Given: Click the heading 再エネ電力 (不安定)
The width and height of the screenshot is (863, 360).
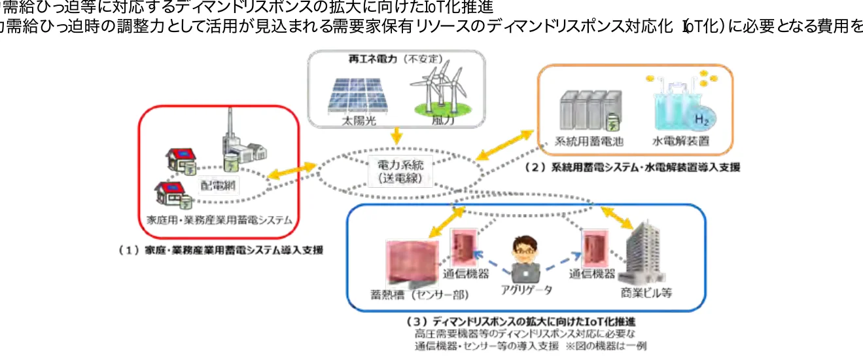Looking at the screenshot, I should pos(392,59).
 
